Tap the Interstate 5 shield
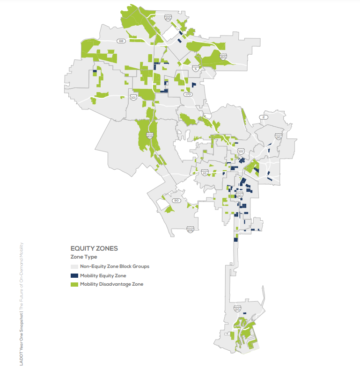coord(195,69)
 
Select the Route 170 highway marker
coord(188,94)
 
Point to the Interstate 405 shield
coord(149,136)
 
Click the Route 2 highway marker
coord(264,117)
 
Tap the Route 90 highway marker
coord(176,201)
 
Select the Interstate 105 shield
coord(190,230)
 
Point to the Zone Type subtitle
coord(84,257)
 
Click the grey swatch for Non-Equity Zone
coord(74,267)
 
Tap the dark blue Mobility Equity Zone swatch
coord(74,275)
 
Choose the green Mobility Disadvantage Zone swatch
coord(74,284)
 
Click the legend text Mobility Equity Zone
coord(103,275)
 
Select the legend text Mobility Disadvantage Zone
coord(111,284)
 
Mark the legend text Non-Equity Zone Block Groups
coord(115,267)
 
